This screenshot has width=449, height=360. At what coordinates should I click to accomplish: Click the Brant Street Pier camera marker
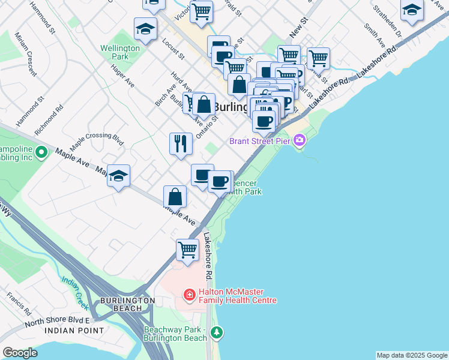click(299, 141)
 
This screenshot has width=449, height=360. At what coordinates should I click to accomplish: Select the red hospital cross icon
click(189, 295)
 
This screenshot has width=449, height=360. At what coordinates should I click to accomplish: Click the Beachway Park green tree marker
click(216, 332)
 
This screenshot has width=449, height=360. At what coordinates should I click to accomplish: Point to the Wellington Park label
click(115, 52)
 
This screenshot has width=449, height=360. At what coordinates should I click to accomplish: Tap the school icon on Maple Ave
click(119, 175)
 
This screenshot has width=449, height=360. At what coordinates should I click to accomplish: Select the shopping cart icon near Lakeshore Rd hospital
click(187, 249)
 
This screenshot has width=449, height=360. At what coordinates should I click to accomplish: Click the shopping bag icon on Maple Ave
click(175, 196)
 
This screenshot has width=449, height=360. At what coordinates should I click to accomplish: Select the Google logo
click(20, 353)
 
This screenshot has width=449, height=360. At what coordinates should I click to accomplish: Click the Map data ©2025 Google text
click(411, 355)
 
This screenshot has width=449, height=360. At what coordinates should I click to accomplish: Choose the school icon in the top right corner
click(412, 10)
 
